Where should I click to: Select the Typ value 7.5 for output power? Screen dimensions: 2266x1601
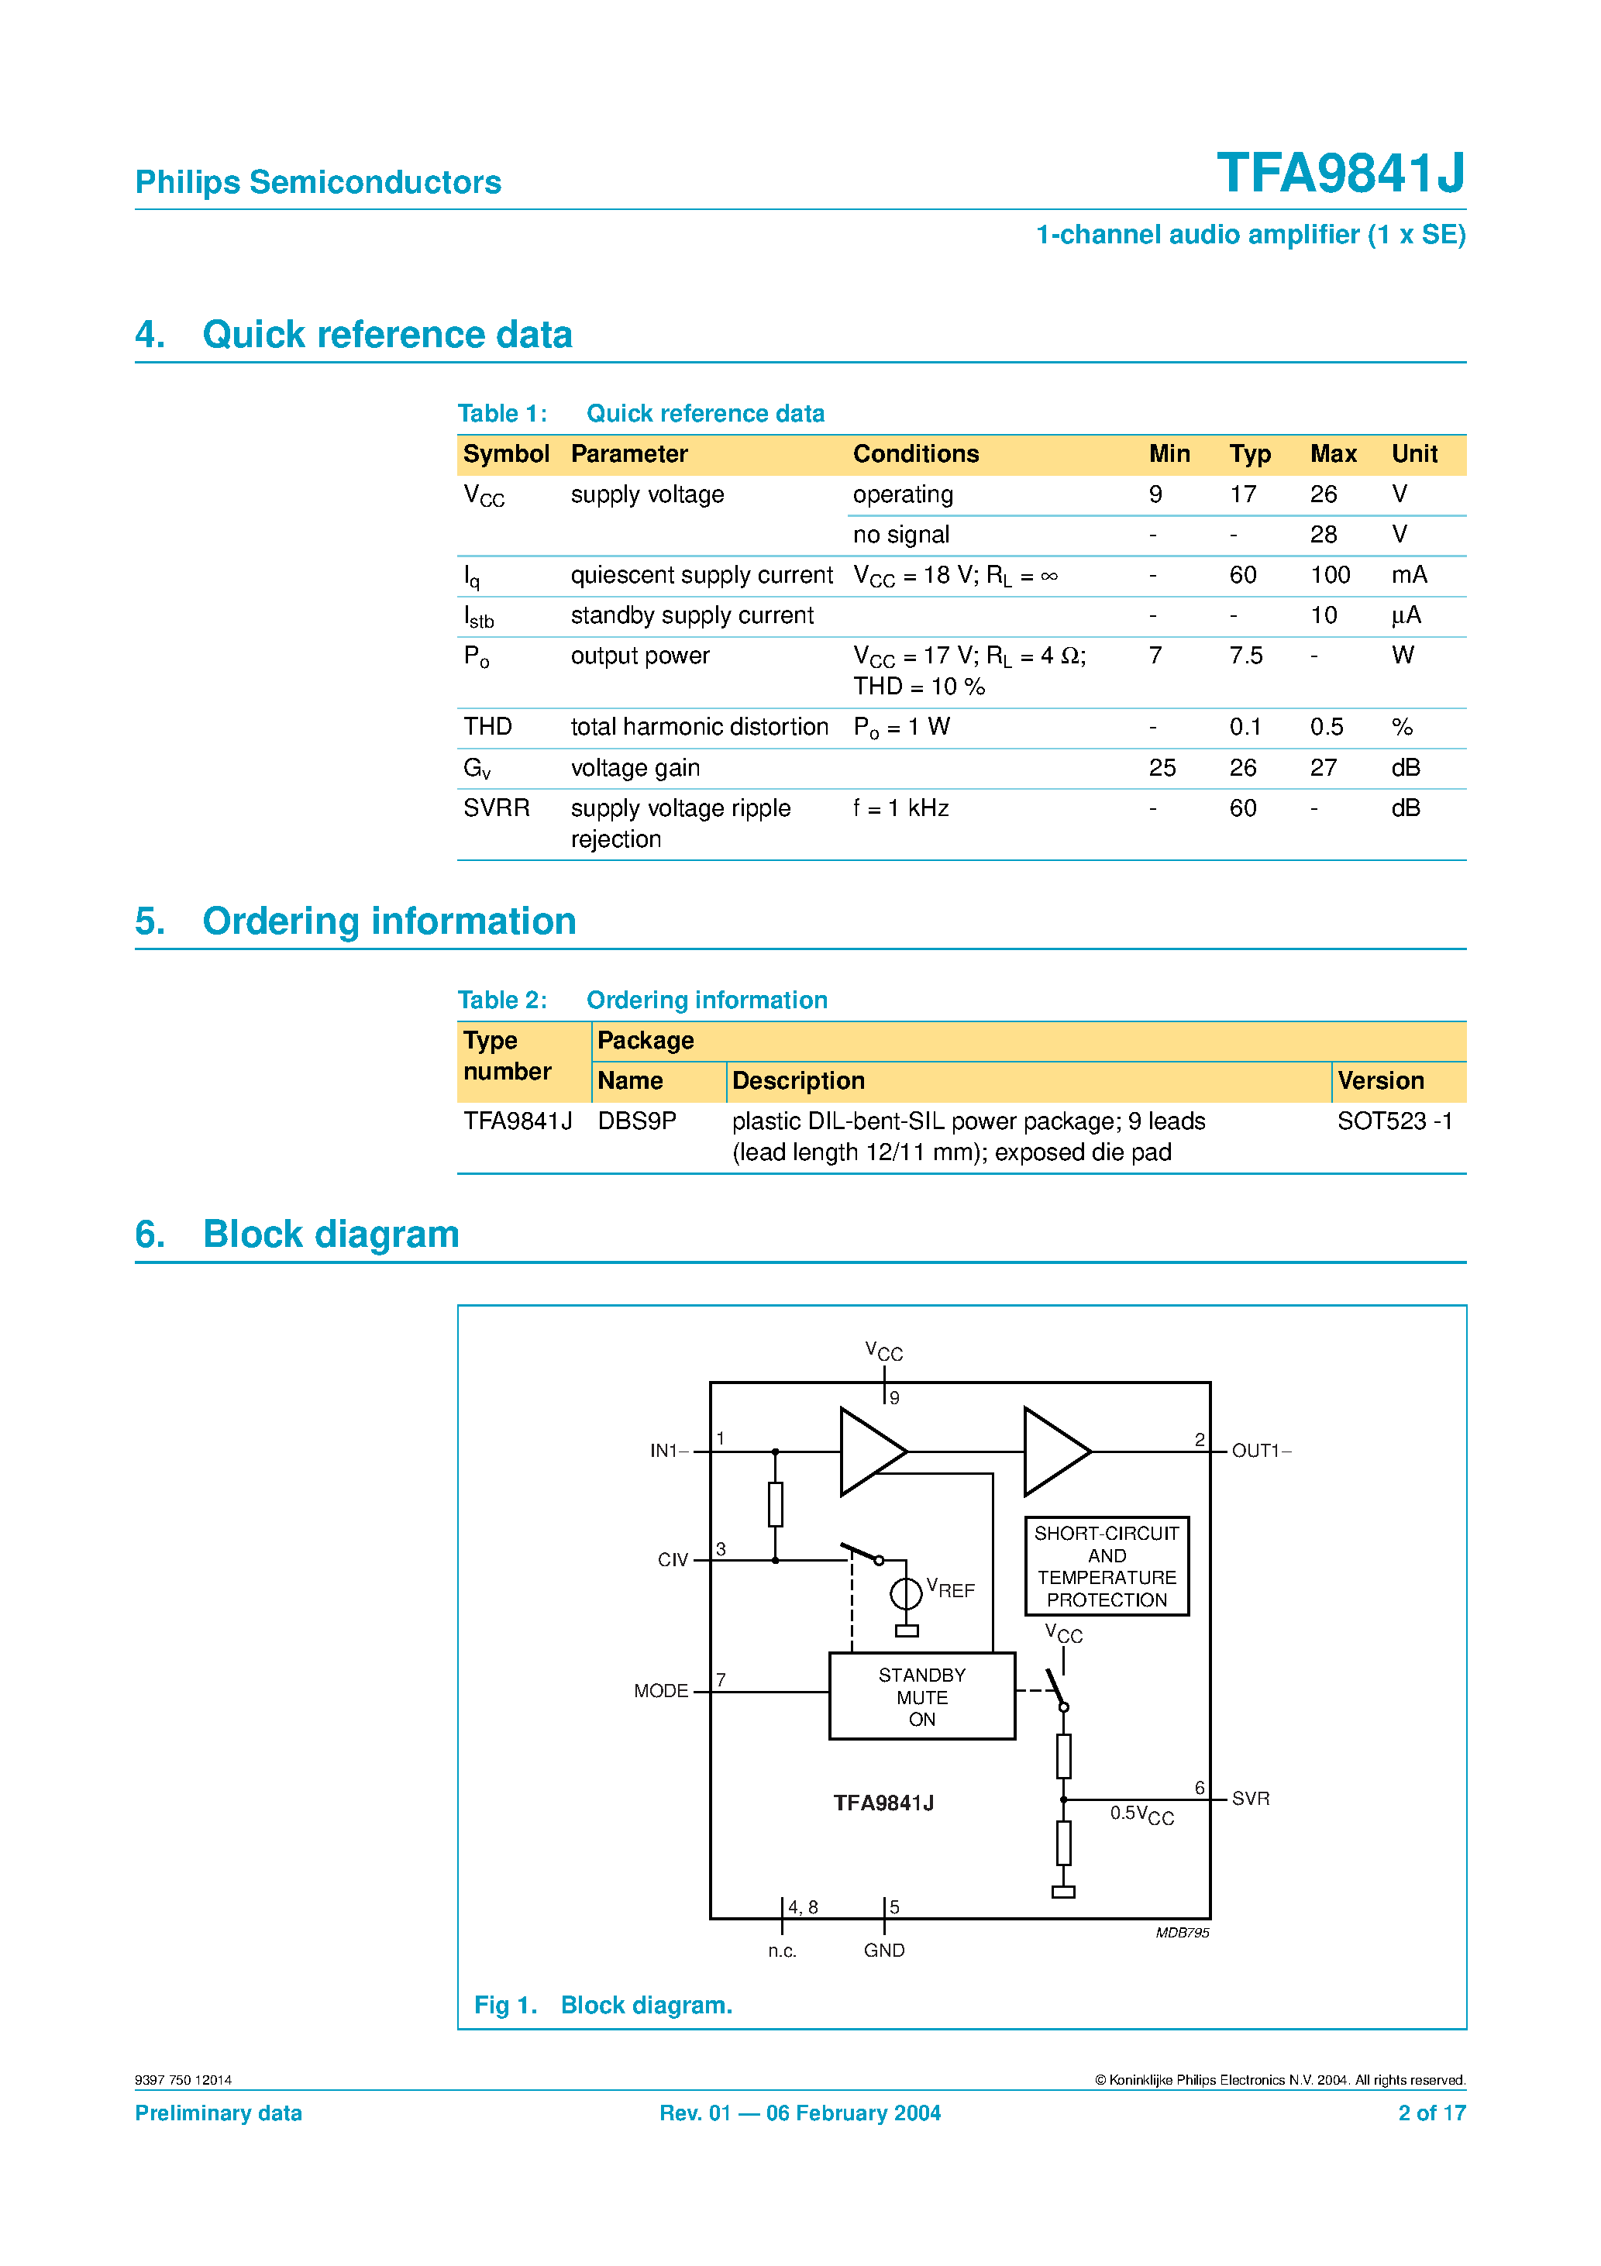(x=1245, y=656)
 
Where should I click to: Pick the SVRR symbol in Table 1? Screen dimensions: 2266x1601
(x=497, y=808)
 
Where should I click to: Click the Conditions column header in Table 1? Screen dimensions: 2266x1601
(x=915, y=454)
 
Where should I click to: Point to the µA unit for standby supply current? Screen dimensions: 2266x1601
(x=1406, y=616)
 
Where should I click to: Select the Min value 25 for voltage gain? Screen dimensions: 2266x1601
(x=1162, y=768)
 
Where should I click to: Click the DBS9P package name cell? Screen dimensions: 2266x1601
(x=637, y=1121)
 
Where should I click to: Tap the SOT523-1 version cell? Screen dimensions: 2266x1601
(x=1394, y=1121)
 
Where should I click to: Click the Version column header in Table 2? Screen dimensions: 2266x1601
(x=1380, y=1081)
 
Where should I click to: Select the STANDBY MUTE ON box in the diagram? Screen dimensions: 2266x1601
(x=921, y=1696)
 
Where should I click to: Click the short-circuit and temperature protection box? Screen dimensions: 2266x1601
(x=1107, y=1565)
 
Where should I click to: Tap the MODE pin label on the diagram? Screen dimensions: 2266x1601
(x=661, y=1691)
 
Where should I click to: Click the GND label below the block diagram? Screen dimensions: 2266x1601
(x=883, y=1950)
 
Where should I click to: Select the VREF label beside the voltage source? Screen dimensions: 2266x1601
(x=951, y=1588)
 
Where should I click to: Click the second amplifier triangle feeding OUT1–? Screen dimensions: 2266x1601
(x=1052, y=1451)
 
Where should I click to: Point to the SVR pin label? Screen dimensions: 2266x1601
(x=1250, y=1798)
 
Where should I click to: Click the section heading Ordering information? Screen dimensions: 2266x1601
(x=389, y=921)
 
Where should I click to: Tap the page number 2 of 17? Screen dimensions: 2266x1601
(x=1431, y=2113)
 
